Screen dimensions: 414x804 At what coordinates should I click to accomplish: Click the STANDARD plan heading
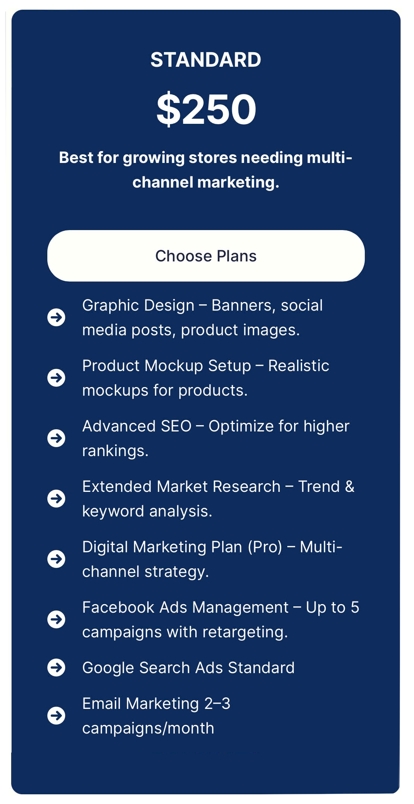coord(206,60)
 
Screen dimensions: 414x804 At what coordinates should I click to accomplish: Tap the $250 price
coord(206,109)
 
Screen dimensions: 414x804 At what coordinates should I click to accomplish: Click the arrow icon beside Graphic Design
coord(56,317)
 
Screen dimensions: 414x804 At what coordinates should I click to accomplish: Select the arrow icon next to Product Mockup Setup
coord(56,378)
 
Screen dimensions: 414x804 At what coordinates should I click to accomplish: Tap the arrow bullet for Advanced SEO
coord(56,438)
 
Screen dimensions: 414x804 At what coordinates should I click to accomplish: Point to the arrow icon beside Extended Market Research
coord(56,499)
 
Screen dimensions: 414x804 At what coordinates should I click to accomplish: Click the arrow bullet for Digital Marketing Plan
coord(56,559)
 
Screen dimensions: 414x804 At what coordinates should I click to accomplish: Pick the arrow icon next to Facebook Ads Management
coord(56,619)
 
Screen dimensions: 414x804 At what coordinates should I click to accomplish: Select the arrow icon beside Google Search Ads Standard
coord(56,668)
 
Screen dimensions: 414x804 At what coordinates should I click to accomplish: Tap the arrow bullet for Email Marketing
coord(56,716)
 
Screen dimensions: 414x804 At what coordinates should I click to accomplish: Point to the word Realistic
coord(298,366)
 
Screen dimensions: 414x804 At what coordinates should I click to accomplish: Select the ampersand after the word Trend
coord(350,487)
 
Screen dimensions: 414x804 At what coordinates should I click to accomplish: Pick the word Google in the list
coord(108,668)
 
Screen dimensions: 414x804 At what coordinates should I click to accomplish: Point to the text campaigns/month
coord(148,728)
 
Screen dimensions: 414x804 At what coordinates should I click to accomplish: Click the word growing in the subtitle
coord(154,158)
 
